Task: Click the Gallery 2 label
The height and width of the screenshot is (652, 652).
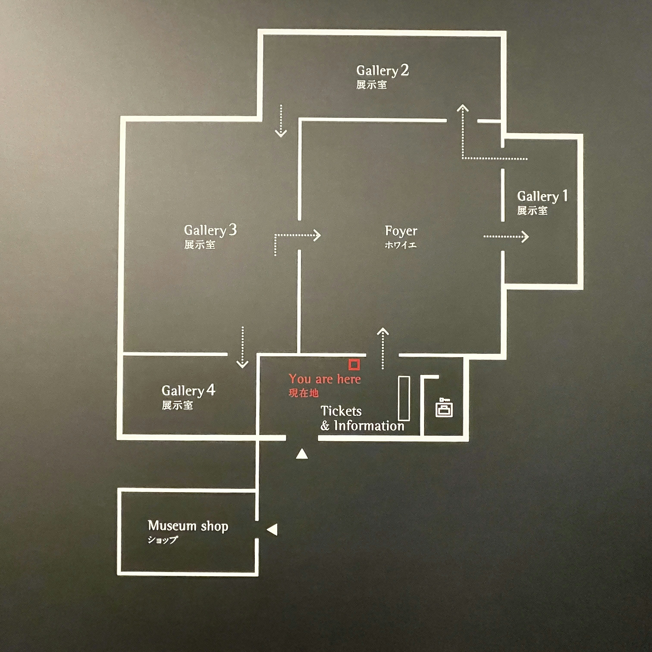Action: coord(382,71)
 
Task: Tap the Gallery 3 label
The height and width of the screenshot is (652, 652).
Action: coord(210,230)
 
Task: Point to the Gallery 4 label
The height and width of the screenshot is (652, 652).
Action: coord(188,390)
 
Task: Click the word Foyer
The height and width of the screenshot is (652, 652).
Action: coord(401,231)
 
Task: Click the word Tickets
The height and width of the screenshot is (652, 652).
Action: coord(341,411)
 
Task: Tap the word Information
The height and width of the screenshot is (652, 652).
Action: coord(369,426)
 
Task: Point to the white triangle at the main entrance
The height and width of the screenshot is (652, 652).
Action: coord(302,454)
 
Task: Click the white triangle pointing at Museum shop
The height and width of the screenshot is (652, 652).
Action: coord(272,530)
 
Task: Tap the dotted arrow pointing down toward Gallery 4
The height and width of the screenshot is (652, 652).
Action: coord(242,347)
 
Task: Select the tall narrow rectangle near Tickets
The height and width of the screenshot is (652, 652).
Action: coord(404,398)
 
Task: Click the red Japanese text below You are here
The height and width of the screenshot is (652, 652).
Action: coord(303,393)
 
